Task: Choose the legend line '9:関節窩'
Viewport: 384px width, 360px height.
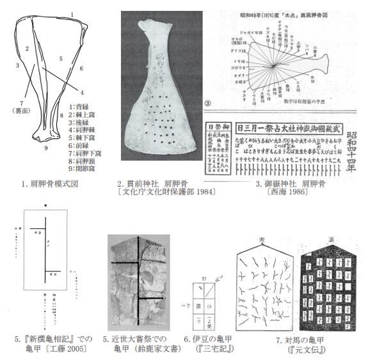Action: (x=84, y=160)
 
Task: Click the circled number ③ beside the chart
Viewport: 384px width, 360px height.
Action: (x=225, y=102)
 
